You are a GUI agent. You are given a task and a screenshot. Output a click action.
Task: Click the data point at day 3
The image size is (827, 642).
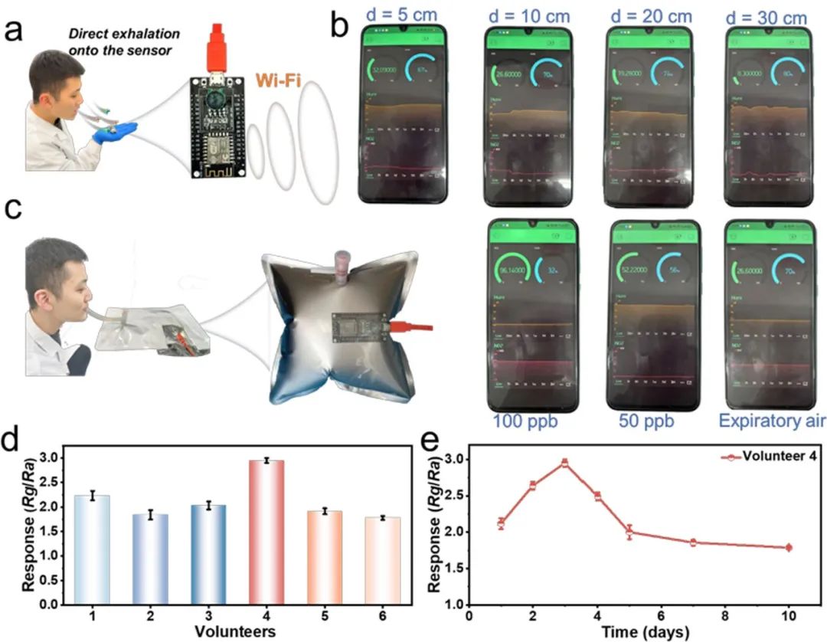tap(564, 463)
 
